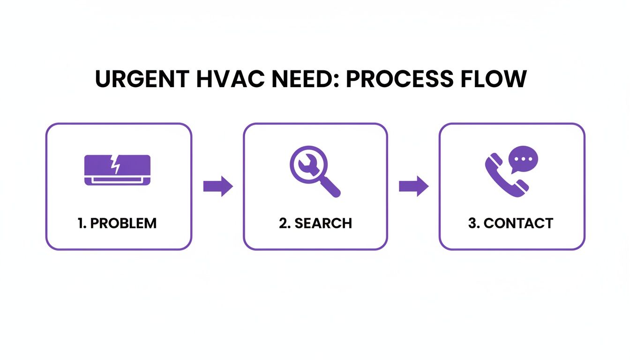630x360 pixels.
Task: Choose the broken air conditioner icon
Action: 117,170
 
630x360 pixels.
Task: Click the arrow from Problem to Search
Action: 218,187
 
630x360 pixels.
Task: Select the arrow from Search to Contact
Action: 413,187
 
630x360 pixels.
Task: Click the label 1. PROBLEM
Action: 117,223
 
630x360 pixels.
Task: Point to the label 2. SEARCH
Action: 315,223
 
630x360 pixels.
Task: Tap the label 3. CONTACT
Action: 510,223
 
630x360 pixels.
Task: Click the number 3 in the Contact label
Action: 472,223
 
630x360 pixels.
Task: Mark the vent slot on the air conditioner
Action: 117,180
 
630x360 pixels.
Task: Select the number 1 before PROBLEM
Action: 80,223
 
